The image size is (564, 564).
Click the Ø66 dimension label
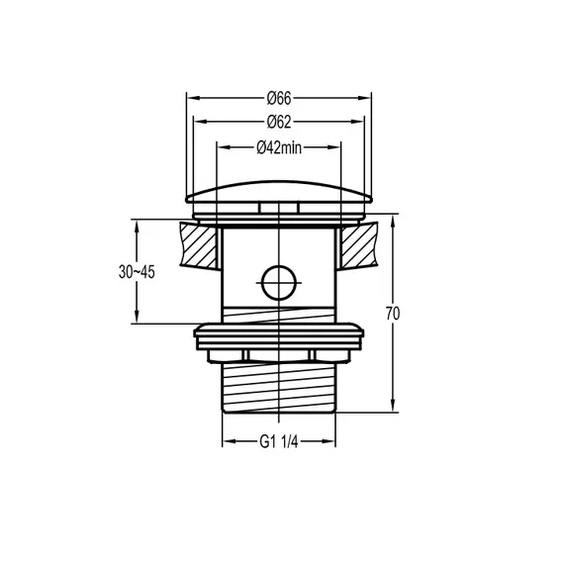[x=277, y=98]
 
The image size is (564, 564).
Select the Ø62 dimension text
[x=277, y=122]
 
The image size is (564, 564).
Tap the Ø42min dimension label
[x=278, y=147]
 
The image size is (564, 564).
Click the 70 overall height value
[x=393, y=314]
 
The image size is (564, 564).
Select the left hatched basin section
[x=201, y=246]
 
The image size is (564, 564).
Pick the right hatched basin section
[x=358, y=246]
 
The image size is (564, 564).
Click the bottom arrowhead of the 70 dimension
[x=393, y=407]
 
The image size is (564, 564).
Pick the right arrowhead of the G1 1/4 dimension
[x=335, y=442]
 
